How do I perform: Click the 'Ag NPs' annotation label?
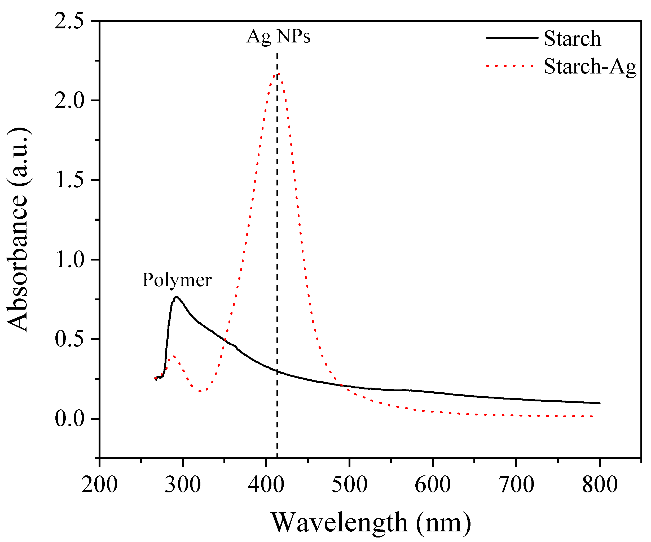278,37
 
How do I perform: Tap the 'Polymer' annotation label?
177,280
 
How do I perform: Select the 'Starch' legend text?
572,38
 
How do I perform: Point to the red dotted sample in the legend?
510,66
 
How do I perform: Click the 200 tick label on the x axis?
99,485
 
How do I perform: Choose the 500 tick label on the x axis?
349,485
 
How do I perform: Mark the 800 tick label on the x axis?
600,485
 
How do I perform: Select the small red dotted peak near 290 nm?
173,356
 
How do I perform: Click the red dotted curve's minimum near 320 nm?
201,391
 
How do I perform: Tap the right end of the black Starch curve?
600,403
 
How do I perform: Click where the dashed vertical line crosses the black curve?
277,371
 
